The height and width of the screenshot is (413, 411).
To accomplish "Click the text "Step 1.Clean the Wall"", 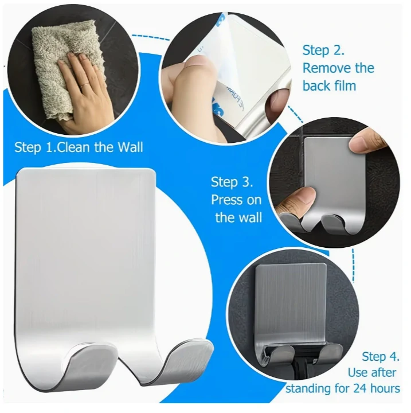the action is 79,147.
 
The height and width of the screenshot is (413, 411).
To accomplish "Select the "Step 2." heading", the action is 323,50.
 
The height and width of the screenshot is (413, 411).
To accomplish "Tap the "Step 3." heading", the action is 232,182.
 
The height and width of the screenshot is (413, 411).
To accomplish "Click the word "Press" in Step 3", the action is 226,200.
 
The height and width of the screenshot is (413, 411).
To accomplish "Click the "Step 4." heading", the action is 381,357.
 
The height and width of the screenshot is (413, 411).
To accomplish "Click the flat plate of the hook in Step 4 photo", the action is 291,303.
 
